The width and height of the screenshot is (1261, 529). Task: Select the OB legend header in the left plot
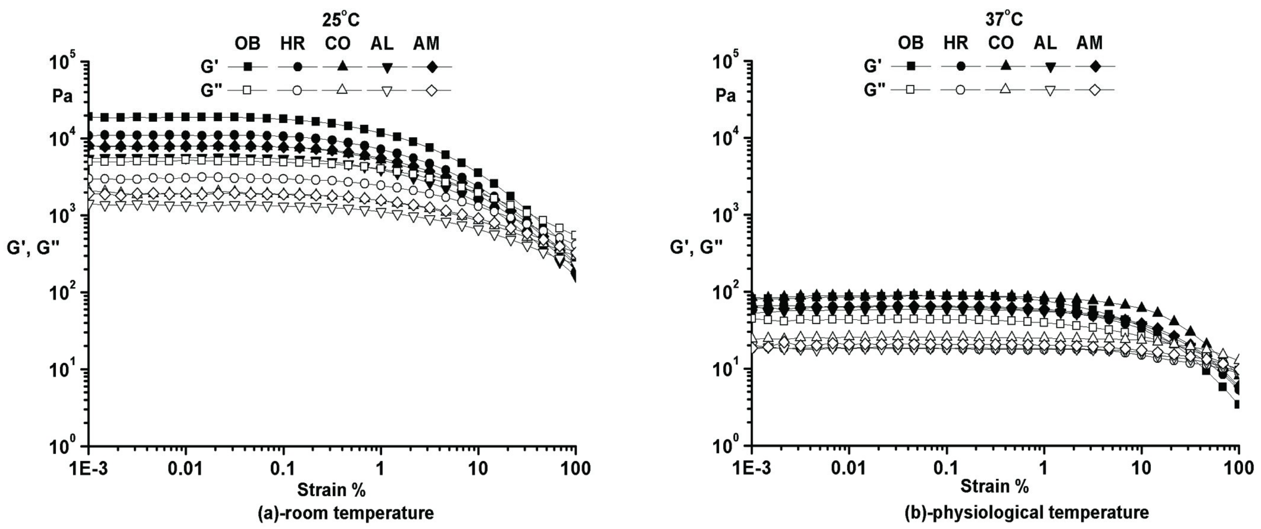pos(248,44)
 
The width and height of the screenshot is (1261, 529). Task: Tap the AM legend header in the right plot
pos(1090,43)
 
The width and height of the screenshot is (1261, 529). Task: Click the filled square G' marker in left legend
pos(248,67)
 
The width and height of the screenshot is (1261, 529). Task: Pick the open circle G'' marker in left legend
pos(297,90)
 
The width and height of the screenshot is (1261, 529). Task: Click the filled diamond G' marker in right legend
pos(1095,66)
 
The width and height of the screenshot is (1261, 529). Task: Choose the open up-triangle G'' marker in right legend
pos(1004,90)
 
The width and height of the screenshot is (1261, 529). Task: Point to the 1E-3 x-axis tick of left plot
pos(88,469)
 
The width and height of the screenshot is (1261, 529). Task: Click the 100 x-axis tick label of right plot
pos(1239,469)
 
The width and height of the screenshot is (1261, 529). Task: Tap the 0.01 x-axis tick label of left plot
pos(186,469)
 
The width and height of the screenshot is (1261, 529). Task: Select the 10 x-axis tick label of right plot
pos(1142,469)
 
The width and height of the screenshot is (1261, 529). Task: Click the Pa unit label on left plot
pos(63,96)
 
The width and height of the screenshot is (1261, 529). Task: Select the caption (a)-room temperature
pos(345,513)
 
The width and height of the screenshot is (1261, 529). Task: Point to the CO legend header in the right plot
pos(1001,43)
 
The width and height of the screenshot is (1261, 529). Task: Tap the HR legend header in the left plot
pos(293,44)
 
